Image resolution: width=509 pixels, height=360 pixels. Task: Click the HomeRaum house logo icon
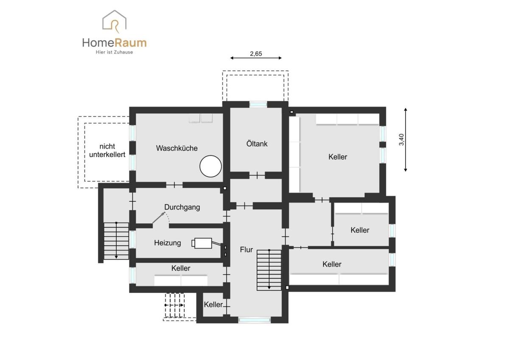click(114, 21)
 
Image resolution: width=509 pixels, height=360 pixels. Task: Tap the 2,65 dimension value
click(256, 53)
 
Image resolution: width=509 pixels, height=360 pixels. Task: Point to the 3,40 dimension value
click(402, 140)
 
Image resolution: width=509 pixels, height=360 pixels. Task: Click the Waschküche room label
click(177, 148)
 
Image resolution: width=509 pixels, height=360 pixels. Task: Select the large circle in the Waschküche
click(211, 166)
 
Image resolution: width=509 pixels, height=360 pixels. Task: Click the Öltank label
click(257, 144)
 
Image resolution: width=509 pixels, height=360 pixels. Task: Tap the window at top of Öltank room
click(258, 104)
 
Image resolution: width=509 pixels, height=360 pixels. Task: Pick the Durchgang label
click(182, 207)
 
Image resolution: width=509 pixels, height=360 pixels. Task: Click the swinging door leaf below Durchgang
click(159, 218)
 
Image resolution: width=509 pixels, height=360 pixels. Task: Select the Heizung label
click(168, 243)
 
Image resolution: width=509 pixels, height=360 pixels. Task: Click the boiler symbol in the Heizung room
click(202, 243)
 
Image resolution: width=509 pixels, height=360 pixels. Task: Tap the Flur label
click(246, 250)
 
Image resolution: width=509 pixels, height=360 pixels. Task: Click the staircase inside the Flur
click(269, 270)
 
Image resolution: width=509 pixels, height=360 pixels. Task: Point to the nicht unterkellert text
click(107, 150)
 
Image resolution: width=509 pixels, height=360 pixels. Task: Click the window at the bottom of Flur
click(255, 320)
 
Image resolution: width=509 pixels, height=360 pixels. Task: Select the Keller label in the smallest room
click(213, 304)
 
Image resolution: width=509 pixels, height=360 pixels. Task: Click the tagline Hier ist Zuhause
click(114, 52)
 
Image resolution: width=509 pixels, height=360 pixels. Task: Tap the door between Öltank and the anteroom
click(257, 175)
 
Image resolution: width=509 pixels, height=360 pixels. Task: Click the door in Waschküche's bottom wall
click(174, 185)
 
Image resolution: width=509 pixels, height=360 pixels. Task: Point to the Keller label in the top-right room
click(338, 157)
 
